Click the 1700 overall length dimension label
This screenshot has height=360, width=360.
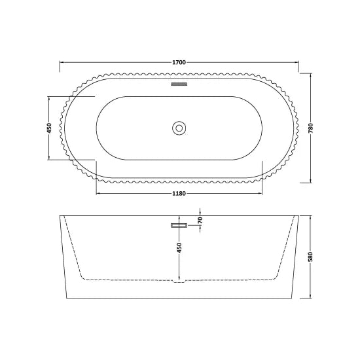179,62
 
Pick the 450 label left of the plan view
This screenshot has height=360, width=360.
49,128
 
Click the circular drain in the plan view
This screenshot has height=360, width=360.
179,127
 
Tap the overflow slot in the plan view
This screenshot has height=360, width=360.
179,84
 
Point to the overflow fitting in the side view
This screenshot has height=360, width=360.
179,225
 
